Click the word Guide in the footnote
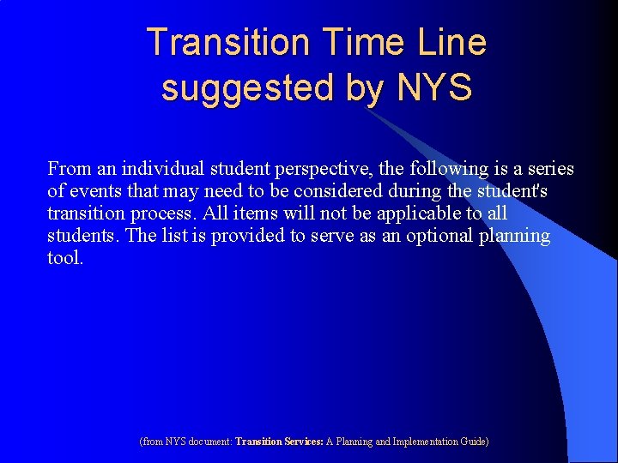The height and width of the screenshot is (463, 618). click(x=473, y=442)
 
